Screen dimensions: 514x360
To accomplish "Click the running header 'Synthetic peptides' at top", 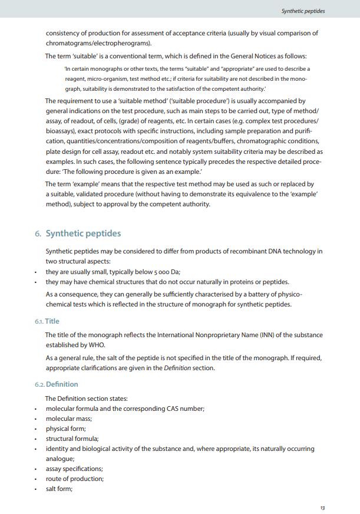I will click(x=303, y=11).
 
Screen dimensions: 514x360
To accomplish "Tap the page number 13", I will click(x=322, y=508).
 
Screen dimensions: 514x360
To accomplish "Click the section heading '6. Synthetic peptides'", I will click(x=78, y=233).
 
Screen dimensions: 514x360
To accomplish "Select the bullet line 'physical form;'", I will click(x=65, y=429).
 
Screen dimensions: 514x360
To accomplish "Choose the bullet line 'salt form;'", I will click(x=59, y=489).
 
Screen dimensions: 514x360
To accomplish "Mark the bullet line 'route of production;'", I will click(x=74, y=479).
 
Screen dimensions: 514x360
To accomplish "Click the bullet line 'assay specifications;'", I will click(x=74, y=469).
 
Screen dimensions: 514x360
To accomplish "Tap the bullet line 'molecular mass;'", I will click(x=68, y=419).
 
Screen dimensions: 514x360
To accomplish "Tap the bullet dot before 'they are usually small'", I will click(x=36, y=272).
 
